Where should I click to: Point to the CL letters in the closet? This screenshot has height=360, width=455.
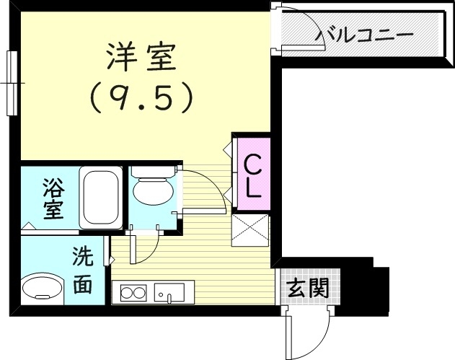click(252, 177)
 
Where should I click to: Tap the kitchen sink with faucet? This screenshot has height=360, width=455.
click(169, 294)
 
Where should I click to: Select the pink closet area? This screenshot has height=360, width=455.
click(252, 173)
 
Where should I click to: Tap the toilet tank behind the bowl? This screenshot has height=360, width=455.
click(153, 172)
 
